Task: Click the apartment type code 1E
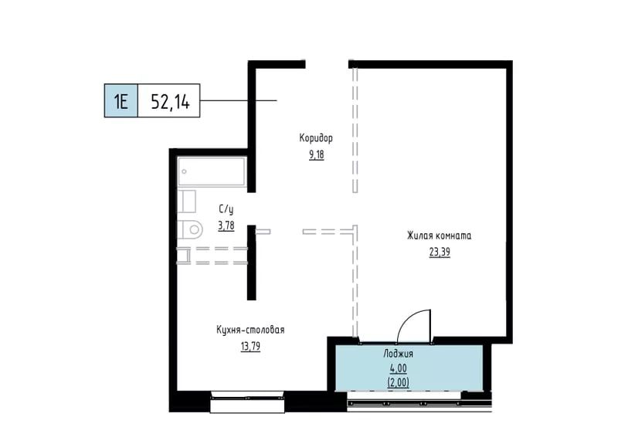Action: click(121, 101)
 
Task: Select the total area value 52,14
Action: click(170, 102)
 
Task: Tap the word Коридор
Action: click(316, 138)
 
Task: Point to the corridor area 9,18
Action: click(316, 154)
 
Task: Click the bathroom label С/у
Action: click(226, 208)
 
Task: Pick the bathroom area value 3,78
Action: click(226, 225)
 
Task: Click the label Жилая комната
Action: click(439, 235)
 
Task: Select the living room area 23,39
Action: click(440, 252)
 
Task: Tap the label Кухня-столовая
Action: click(250, 330)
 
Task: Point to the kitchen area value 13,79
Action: click(250, 347)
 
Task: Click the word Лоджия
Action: click(398, 354)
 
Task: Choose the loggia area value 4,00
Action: click(398, 368)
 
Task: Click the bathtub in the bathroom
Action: click(212, 171)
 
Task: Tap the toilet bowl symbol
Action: click(190, 229)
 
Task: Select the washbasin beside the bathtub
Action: click(186, 202)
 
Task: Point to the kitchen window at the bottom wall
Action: click(247, 401)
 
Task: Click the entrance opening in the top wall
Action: click(327, 64)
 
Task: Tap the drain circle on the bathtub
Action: click(184, 172)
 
